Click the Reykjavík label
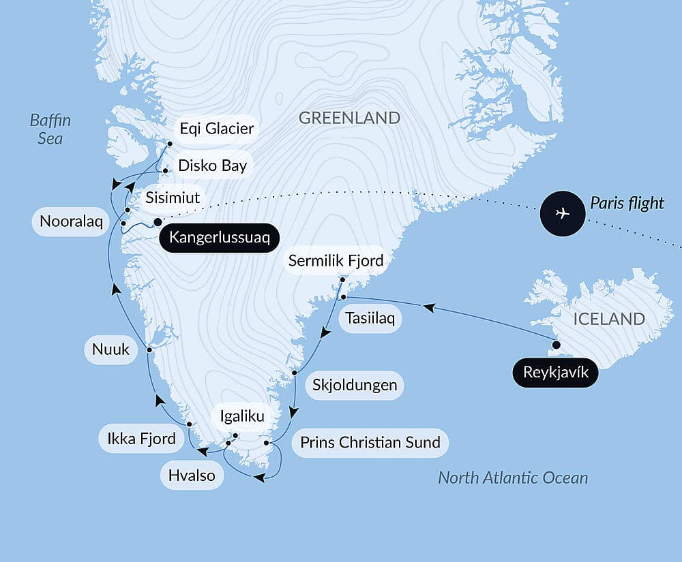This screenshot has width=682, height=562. click(x=556, y=373)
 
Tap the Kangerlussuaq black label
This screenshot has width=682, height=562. click(x=220, y=238)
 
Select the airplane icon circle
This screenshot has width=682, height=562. click(x=562, y=213)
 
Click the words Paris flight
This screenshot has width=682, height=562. click(x=626, y=203)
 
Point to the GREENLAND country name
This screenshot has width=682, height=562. click(x=349, y=118)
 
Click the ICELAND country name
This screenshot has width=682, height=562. click(x=608, y=319)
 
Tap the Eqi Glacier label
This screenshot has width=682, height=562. click(x=216, y=128)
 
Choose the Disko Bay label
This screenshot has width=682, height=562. click(x=212, y=165)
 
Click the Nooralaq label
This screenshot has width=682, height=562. click(x=70, y=222)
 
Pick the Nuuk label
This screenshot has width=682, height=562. click(x=111, y=350)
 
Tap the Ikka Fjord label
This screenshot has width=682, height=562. click(x=142, y=438)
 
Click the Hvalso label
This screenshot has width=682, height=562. click(x=192, y=475)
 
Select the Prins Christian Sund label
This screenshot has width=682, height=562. click(x=370, y=442)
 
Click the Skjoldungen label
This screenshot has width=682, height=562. click(x=354, y=385)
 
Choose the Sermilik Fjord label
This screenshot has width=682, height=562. click(x=336, y=261)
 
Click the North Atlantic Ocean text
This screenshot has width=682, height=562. click(x=512, y=478)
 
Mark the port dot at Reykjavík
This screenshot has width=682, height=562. click(x=556, y=345)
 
